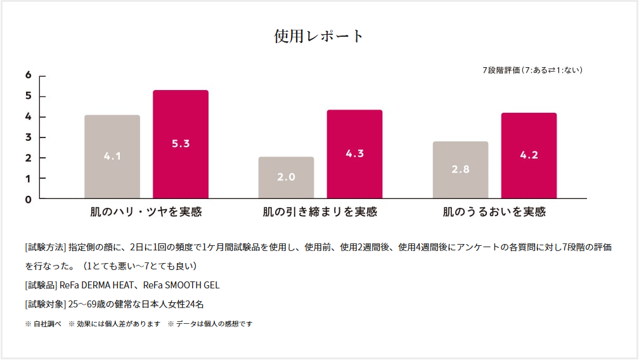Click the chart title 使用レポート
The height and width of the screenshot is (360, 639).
[x=319, y=36]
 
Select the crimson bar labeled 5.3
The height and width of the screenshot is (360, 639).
[x=181, y=144]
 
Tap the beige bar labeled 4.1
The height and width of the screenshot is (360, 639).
[x=112, y=157]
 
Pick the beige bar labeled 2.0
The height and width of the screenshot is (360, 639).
[x=286, y=177]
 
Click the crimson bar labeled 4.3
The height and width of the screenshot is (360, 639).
[x=354, y=154]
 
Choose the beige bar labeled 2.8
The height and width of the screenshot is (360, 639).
[x=460, y=170]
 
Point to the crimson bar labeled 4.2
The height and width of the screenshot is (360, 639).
[x=529, y=155]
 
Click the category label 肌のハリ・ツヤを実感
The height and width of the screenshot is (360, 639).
[x=146, y=212]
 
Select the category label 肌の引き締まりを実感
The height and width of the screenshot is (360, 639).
[x=320, y=212]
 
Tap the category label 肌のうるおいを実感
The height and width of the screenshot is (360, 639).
[x=494, y=212]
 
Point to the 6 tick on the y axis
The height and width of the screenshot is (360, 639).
[x=28, y=75]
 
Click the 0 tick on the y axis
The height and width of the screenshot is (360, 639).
[x=28, y=199]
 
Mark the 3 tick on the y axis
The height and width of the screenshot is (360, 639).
[x=28, y=138]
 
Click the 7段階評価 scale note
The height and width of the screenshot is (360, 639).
[x=532, y=70]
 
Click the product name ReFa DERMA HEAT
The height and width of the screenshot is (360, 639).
[x=96, y=285]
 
